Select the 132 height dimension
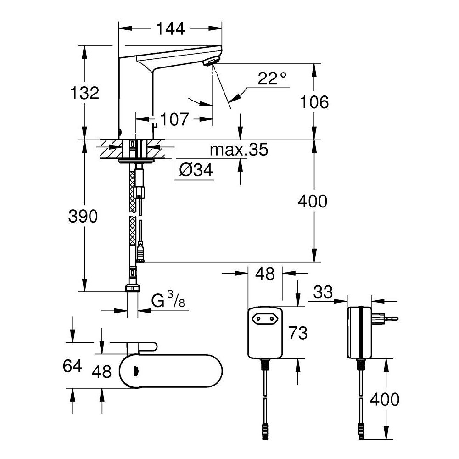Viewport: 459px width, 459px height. [84, 93]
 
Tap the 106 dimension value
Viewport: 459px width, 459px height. [313, 102]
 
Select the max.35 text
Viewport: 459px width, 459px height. [238, 150]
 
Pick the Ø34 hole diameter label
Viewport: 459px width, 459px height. [196, 171]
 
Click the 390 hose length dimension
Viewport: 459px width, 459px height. [84, 216]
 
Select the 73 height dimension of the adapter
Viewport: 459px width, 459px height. [298, 333]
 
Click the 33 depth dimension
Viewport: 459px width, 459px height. [324, 291]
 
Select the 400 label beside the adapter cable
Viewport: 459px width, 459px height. [384, 399]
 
